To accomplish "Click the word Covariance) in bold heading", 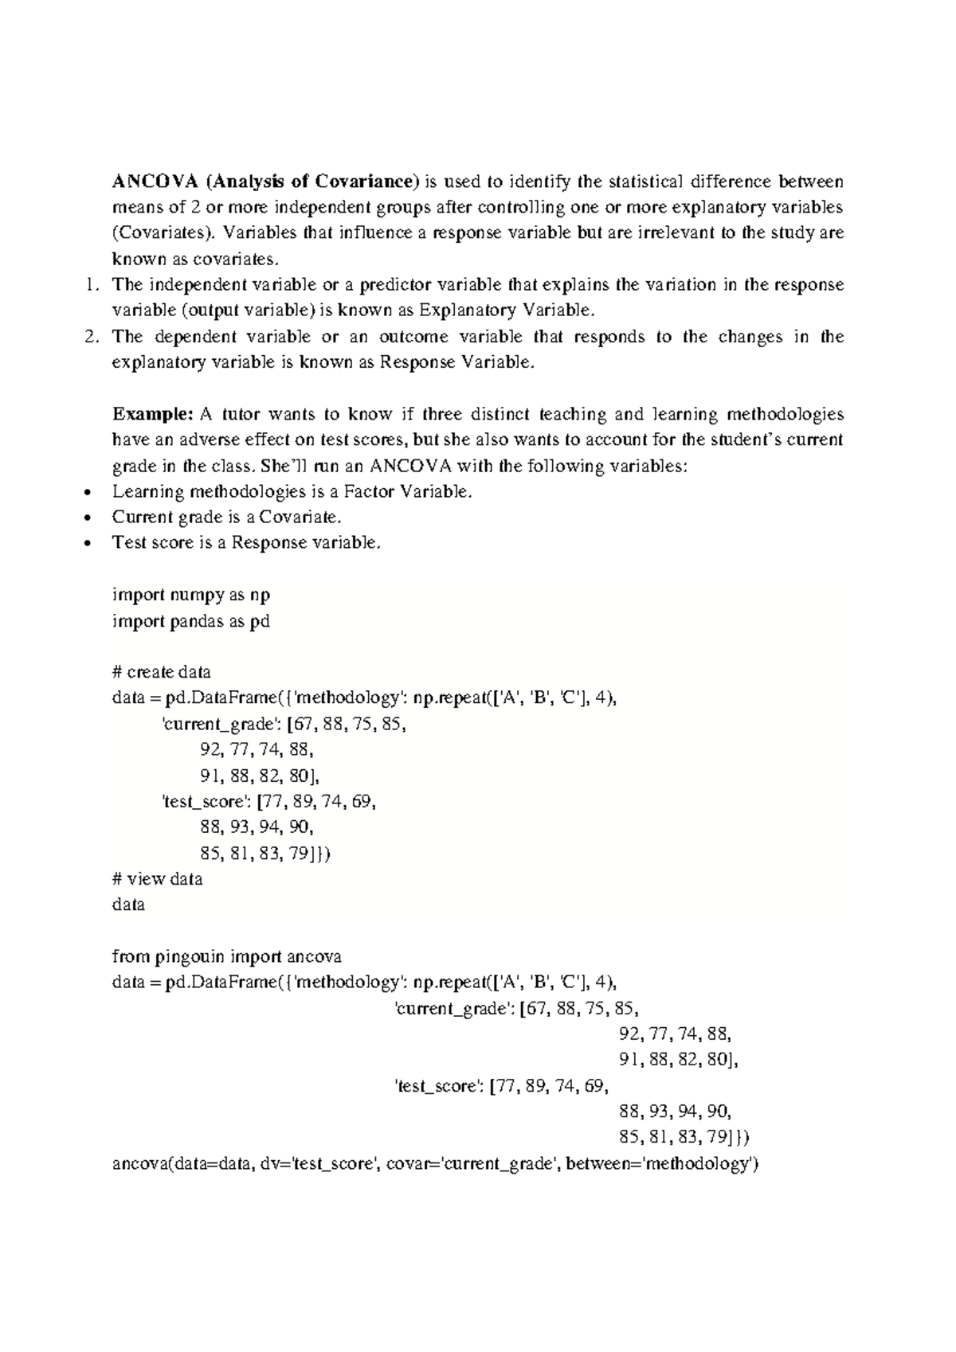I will [x=365, y=182].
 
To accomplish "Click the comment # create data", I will [x=162, y=672].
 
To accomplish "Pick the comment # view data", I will [x=158, y=879].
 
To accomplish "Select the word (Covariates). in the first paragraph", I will [x=163, y=233].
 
